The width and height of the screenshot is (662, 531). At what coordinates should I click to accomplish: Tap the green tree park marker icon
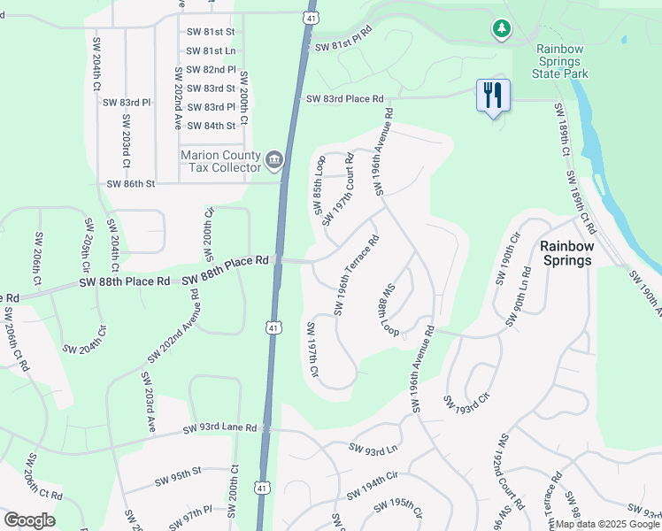click(x=502, y=30)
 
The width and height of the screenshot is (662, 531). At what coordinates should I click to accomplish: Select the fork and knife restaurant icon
click(x=492, y=95)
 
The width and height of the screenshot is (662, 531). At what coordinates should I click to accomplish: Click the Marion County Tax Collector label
click(x=221, y=160)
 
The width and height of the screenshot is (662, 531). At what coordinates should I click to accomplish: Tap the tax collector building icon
click(x=275, y=160)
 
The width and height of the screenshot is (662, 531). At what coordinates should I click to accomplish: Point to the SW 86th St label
click(x=130, y=184)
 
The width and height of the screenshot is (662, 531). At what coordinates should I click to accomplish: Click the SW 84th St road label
click(x=211, y=126)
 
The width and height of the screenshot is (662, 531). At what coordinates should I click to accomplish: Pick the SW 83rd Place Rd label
click(x=345, y=99)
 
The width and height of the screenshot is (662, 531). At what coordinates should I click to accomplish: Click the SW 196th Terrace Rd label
click(x=357, y=274)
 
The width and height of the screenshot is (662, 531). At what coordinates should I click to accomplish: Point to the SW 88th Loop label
click(x=389, y=311)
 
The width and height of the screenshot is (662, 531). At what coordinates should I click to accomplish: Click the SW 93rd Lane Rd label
click(x=219, y=429)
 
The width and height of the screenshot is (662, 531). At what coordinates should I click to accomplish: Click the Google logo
click(x=29, y=520)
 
